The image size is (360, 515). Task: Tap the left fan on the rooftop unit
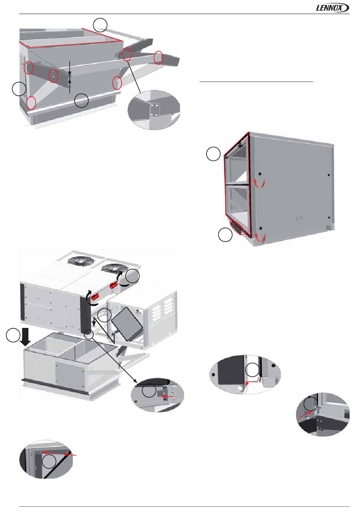click(x=81, y=260)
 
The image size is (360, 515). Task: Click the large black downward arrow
click(x=25, y=337)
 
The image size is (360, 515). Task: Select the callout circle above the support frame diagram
click(x=100, y=25)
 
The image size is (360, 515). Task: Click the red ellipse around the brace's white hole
click(x=53, y=75)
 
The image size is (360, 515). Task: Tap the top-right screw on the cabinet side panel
click(x=329, y=175)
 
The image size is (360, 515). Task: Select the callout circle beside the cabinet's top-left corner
click(x=213, y=154)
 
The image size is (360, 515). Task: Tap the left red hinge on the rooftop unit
click(x=95, y=298)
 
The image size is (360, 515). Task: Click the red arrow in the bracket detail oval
click(x=168, y=396)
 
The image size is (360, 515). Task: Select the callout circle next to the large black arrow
click(x=13, y=335)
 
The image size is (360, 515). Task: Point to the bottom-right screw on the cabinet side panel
click(x=329, y=217)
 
